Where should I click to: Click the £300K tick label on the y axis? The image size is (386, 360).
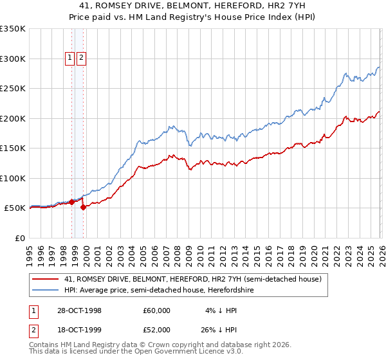[x=13, y=59]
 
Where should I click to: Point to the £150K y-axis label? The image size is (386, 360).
[x=13, y=148]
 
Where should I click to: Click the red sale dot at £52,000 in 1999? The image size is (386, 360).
[x=83, y=207]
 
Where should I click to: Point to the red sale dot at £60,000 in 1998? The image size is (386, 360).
[x=72, y=202]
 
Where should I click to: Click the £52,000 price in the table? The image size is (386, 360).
[x=157, y=330]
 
